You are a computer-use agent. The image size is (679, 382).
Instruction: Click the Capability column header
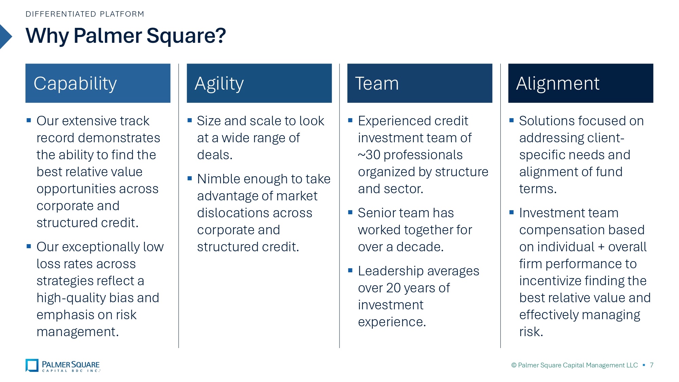coord(98,83)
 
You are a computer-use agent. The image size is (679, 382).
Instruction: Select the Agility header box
coord(259,83)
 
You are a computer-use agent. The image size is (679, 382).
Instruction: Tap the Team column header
coord(420,83)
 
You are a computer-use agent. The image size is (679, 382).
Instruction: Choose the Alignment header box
coord(581,83)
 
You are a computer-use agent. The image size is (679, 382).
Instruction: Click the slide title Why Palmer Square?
coord(126,36)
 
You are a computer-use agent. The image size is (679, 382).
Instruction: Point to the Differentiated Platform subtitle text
coord(85,14)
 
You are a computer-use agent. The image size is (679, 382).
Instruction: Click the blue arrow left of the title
coord(6,37)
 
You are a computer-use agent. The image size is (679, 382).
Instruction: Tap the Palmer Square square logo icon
coord(32,365)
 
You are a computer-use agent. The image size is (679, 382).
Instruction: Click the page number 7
coord(652,365)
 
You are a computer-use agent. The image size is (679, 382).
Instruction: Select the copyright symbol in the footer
coord(514,365)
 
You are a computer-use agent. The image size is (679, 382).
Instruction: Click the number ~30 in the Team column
coord(369,155)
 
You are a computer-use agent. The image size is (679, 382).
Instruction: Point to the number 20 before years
coord(393,288)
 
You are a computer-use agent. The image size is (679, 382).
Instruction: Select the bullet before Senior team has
coord(350,212)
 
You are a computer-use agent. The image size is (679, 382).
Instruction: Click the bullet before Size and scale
coord(189,120)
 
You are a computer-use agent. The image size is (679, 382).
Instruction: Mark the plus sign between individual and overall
coord(601,247)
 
